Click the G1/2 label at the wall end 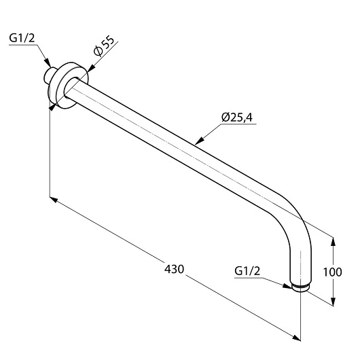pyautogui.click(x=22, y=38)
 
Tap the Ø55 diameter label pyautogui.click(x=103, y=46)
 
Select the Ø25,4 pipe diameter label pyautogui.click(x=237, y=118)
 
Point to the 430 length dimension pyautogui.click(x=174, y=269)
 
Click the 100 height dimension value pyautogui.click(x=332, y=272)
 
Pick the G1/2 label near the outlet pyautogui.click(x=247, y=271)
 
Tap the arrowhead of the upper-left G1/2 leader pyautogui.click(x=48, y=63)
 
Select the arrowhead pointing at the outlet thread pyautogui.click(x=287, y=286)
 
